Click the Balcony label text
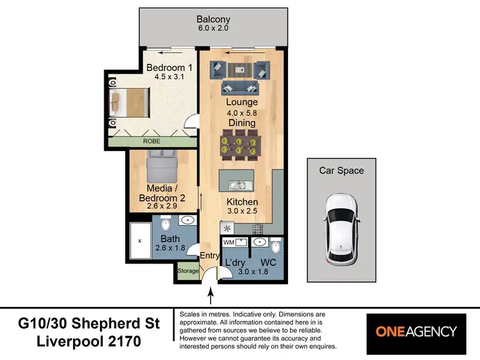click(213, 19)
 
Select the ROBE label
click(152, 141)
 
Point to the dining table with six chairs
click(239, 144)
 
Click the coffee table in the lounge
click(239, 69)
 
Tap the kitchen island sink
click(236, 185)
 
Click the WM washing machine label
click(228, 242)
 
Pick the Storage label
click(188, 271)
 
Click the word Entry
click(210, 256)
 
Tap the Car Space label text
click(341, 171)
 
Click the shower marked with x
click(140, 241)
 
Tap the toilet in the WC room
click(275, 247)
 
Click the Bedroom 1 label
click(169, 68)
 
